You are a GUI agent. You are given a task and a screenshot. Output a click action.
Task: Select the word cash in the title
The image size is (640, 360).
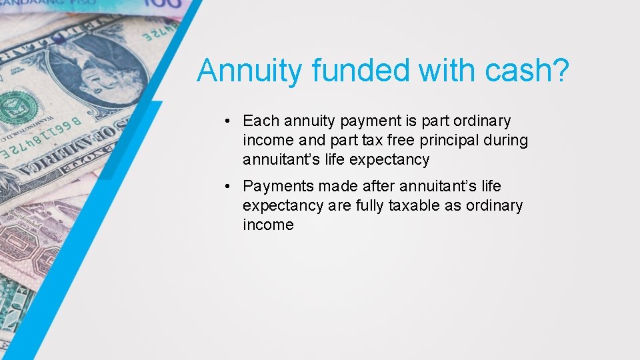[515, 71]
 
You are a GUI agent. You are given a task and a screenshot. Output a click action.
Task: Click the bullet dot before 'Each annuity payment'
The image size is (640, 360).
[227, 121]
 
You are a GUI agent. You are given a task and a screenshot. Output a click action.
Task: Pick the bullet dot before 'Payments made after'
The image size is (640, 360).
[227, 186]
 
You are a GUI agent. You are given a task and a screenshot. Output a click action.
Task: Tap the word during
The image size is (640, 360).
[508, 141]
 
